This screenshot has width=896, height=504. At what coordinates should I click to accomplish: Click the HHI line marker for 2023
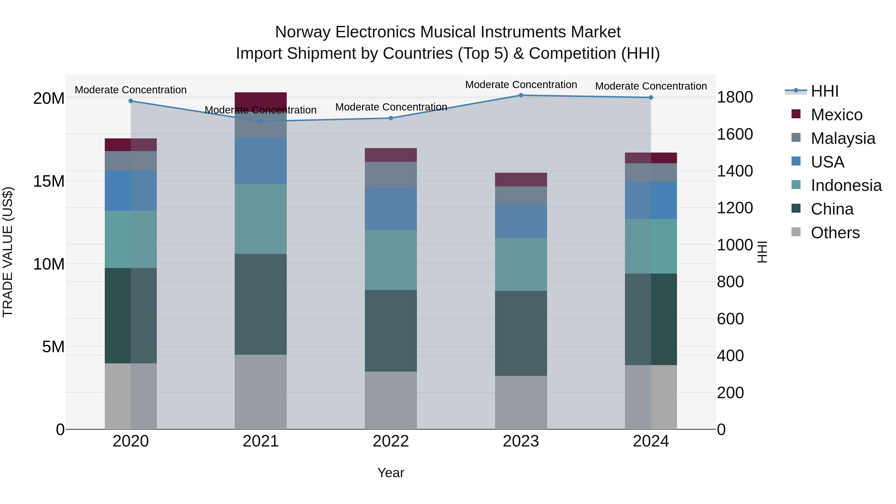pyautogui.click(x=521, y=95)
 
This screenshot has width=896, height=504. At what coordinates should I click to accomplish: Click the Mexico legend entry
pyautogui.click(x=836, y=115)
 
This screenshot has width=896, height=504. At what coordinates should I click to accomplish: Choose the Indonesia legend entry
pyautogui.click(x=846, y=185)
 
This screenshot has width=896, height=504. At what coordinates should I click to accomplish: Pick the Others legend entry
pyautogui.click(x=835, y=233)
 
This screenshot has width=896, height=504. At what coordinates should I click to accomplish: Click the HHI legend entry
pyautogui.click(x=824, y=91)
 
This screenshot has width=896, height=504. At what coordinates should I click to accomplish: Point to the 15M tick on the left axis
pyautogui.click(x=49, y=181)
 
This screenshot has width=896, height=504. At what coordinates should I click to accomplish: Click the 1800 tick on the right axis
pyautogui.click(x=735, y=97)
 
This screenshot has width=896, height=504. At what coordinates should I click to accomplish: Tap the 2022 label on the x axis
pyautogui.click(x=391, y=441)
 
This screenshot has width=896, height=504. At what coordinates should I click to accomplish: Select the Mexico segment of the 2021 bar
pyautogui.click(x=261, y=102)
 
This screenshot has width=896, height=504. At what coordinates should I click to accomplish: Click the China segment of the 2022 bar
pyautogui.click(x=391, y=331)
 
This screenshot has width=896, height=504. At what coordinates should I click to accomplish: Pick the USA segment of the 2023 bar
pyautogui.click(x=521, y=221)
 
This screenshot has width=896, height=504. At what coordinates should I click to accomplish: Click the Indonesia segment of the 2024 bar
pyautogui.click(x=651, y=246)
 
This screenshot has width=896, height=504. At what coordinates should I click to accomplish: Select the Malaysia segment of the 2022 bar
pyautogui.click(x=391, y=175)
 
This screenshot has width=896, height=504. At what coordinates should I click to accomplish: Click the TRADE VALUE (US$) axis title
pyautogui.click(x=8, y=252)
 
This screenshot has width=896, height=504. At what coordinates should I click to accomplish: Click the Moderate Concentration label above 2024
pyautogui.click(x=651, y=86)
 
